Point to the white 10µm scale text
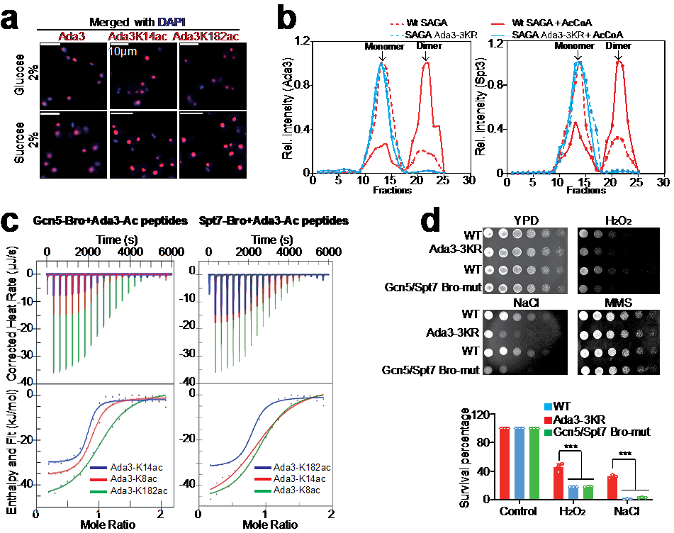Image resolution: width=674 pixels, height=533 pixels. click(121, 52)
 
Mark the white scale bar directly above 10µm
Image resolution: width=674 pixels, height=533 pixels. click(119, 44)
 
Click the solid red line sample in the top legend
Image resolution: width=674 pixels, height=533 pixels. click(502, 23)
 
